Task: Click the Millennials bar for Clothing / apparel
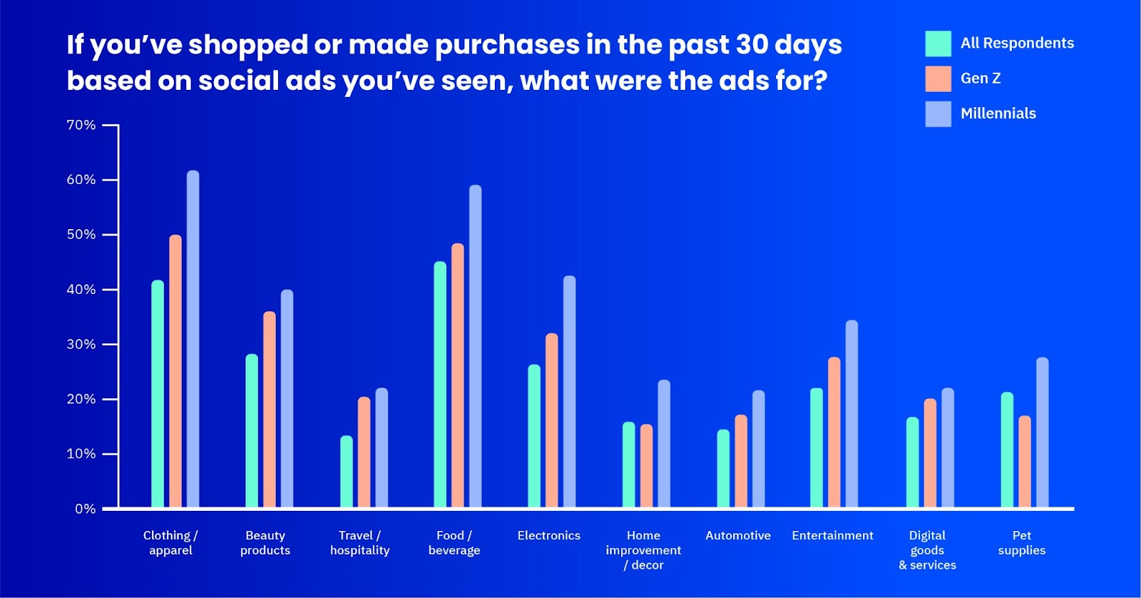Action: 193,339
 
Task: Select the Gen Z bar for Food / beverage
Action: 458,375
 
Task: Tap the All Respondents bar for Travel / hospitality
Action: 347,472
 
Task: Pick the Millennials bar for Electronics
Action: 570,392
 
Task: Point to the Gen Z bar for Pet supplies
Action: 1025,462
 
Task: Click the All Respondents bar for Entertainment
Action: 817,447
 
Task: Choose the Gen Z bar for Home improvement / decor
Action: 646,466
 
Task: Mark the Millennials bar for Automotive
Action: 759,449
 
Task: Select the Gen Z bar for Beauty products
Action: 270,410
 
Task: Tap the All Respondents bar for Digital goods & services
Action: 913,462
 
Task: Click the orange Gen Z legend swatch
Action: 938,78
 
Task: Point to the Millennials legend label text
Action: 998,113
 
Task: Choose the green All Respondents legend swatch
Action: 938,44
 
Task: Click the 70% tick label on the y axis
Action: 81,125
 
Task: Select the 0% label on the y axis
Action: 85,509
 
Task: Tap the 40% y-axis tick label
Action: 81,290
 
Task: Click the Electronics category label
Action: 549,535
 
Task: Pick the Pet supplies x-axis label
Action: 1022,543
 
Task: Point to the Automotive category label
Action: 738,535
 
